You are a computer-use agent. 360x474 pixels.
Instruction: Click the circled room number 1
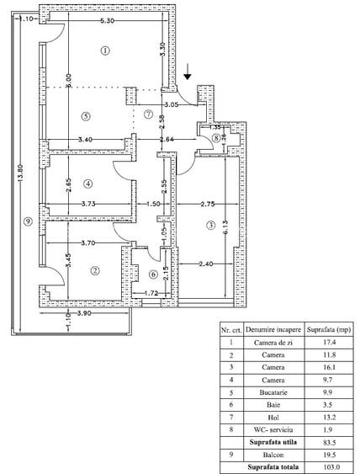[104, 51]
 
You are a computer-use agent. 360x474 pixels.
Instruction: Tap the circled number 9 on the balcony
[28, 221]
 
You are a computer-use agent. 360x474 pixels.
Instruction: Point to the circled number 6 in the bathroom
[153, 274]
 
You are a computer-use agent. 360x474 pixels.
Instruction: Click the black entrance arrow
[187, 75]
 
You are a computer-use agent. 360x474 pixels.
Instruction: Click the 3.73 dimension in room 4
[86, 203]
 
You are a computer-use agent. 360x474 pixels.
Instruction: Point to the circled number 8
[216, 137]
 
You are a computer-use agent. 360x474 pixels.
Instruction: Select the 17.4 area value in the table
[324, 343]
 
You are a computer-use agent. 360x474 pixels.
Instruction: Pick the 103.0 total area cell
[324, 466]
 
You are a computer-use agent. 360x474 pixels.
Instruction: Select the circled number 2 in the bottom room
[95, 270]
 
